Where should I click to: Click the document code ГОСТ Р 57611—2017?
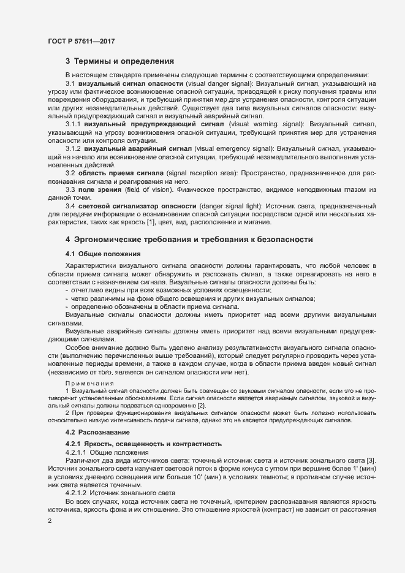[x=81, y=41]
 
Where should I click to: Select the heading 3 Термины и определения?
[x=119, y=61]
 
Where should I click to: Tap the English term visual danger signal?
[x=219, y=83]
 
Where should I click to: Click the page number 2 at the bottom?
[x=50, y=521]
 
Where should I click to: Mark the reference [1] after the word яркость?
[x=150, y=223]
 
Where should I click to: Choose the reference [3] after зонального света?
[x=371, y=460]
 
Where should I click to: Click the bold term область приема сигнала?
[x=124, y=173]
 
